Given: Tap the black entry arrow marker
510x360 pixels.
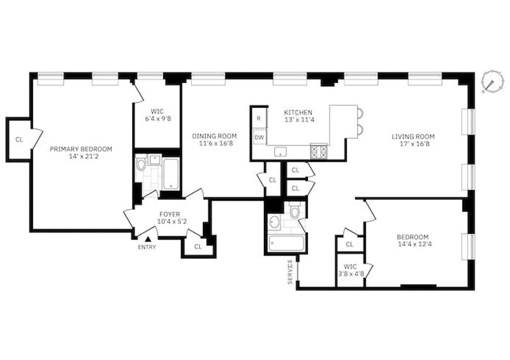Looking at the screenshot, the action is [x=148, y=239].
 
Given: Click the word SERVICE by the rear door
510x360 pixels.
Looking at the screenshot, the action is [x=290, y=271].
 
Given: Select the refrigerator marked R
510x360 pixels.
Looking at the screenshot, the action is [x=259, y=118].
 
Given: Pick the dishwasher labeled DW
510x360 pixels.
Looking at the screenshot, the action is [x=259, y=137].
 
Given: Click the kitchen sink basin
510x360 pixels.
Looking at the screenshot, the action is [x=280, y=152].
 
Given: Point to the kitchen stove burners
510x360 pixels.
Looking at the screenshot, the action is [x=319, y=151].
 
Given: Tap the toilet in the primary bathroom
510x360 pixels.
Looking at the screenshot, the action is [x=141, y=164].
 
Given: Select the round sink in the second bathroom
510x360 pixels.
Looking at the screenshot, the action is [x=275, y=222].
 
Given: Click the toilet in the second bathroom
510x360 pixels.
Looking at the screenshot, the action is [x=295, y=210].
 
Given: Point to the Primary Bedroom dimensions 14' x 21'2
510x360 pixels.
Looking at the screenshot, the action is [x=81, y=156].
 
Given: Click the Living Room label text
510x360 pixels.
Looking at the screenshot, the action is [x=413, y=136].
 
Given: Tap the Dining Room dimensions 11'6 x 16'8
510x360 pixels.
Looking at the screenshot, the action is [x=216, y=143].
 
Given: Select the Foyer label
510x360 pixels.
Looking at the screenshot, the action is [x=170, y=214].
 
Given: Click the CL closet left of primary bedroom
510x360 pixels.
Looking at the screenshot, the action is [x=19, y=140].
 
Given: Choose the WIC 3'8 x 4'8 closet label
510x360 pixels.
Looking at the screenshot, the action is [x=350, y=270].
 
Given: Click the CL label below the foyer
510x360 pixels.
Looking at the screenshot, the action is [x=198, y=247].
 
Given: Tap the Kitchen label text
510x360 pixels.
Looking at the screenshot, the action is [x=298, y=113].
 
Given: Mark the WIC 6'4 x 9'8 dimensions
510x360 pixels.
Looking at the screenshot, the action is [x=157, y=119].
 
